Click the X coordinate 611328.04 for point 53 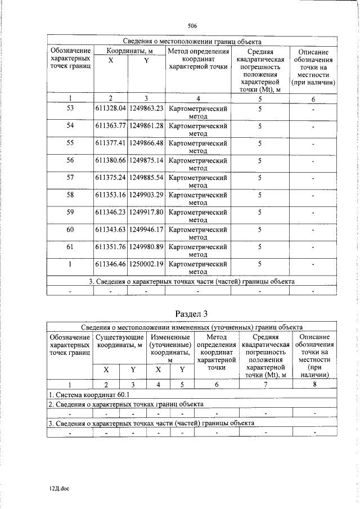[110, 108]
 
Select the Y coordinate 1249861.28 [146, 125]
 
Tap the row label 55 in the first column [70, 143]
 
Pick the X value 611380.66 [110, 160]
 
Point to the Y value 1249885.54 [146, 178]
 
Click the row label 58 [70, 195]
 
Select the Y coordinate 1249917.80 [146, 213]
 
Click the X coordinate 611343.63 [110, 230]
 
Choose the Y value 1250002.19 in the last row [146, 264]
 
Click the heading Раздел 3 [192, 313]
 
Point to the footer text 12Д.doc [58, 489]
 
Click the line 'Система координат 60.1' [81, 395]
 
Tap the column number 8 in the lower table [315, 385]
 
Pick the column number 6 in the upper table [313, 100]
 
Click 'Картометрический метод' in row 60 [197, 233]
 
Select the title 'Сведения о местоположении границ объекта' [192, 42]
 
